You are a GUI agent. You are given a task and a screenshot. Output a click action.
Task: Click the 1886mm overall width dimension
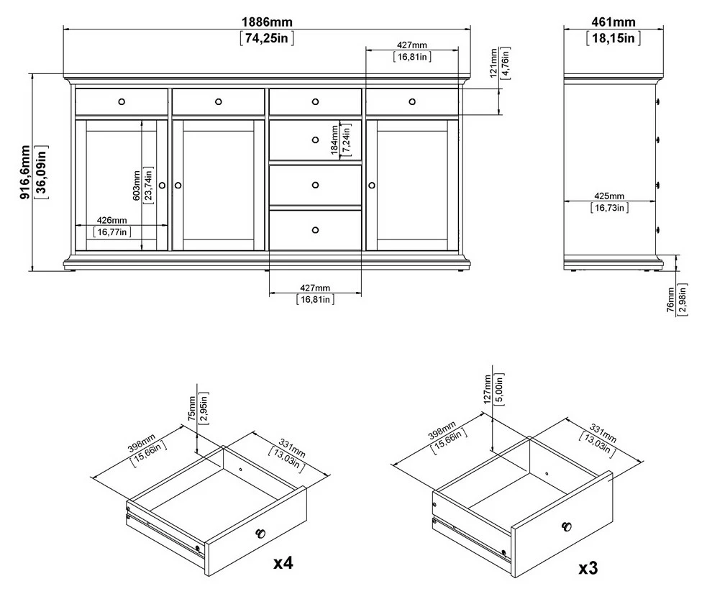click(267, 22)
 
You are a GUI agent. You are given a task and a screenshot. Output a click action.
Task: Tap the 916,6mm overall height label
click(25, 172)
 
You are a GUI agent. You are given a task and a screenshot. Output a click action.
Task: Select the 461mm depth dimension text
click(614, 22)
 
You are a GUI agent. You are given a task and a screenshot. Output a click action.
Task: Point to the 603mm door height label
click(137, 186)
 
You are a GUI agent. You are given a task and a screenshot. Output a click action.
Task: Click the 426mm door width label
click(111, 220)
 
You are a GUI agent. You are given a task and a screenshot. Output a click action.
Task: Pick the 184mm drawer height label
click(334, 140)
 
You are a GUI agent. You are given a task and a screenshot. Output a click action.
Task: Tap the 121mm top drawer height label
click(493, 63)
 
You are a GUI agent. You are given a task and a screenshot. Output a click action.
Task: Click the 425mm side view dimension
click(609, 196)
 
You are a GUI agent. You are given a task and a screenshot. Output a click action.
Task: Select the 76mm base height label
click(670, 300)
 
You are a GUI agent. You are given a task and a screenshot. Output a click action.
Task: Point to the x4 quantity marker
click(283, 563)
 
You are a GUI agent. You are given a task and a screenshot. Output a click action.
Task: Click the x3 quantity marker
click(588, 569)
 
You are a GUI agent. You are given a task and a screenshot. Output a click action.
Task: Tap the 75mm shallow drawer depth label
click(192, 408)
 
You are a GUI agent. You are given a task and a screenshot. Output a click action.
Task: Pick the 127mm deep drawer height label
click(487, 389)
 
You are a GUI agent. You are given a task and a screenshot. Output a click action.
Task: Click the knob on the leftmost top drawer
click(122, 102)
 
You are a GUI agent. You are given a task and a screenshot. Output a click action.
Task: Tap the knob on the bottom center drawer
click(315, 230)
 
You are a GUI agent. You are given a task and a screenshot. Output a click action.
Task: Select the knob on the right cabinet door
click(372, 186)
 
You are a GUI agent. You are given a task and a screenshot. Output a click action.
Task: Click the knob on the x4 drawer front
click(260, 534)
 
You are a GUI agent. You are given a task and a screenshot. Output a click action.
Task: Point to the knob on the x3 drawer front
click(567, 526)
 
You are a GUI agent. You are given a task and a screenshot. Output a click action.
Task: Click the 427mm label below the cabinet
click(315, 288)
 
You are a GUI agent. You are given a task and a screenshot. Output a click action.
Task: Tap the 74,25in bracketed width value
click(267, 38)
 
